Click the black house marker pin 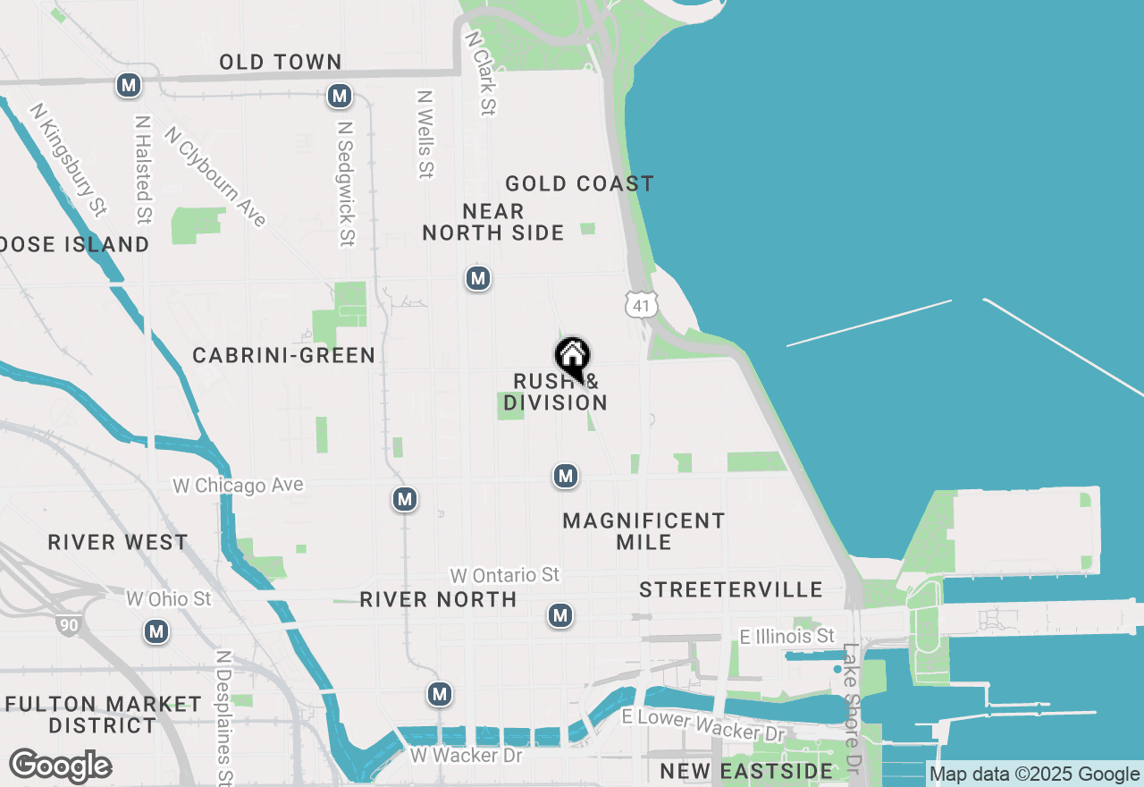(573, 358)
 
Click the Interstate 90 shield (69, 623)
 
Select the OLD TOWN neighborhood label (281, 62)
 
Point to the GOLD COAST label (579, 184)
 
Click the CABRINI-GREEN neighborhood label (284, 356)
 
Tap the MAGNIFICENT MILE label (643, 531)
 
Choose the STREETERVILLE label (731, 589)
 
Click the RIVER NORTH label (438, 599)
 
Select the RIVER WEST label (118, 543)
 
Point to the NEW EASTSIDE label (746, 770)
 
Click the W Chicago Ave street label (239, 486)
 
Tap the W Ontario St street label (505, 575)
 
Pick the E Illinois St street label (787, 637)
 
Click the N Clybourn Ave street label (215, 176)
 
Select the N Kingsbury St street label (68, 159)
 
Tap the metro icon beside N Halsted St (130, 86)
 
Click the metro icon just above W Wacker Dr (439, 694)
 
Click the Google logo (60, 766)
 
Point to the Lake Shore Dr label (852, 708)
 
